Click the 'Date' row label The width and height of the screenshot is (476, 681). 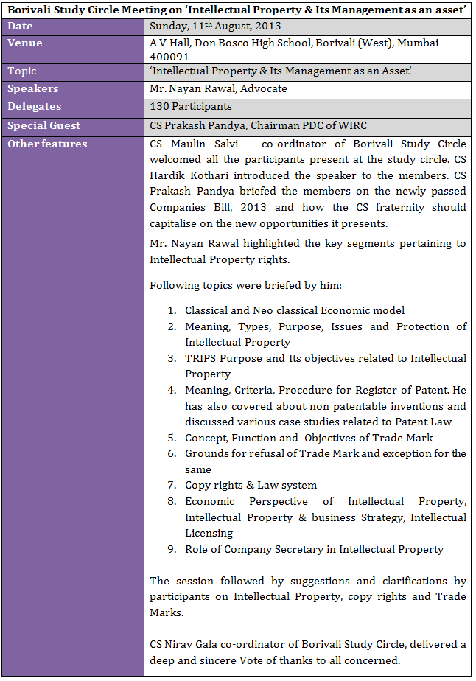pos(20,27)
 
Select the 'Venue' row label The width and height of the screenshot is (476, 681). pos(24,43)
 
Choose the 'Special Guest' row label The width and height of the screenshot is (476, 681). pos(43,126)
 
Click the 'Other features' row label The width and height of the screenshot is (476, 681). pos(46,144)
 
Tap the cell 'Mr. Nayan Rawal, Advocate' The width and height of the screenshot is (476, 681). pos(218,89)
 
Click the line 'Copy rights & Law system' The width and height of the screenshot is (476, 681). pos(251,486)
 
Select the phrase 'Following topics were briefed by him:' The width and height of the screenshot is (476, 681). pos(237,285)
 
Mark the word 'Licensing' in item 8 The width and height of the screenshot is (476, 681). pos(209,533)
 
